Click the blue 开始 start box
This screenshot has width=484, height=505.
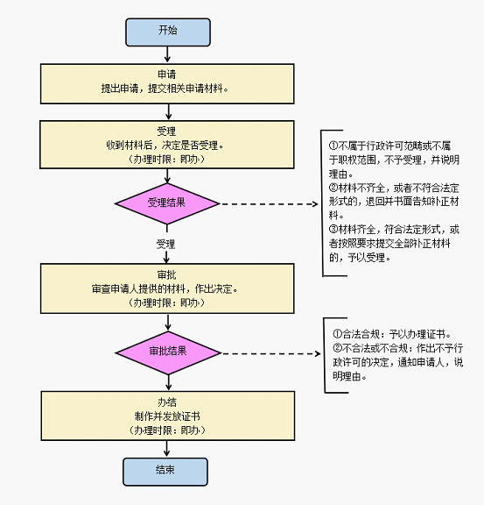168,32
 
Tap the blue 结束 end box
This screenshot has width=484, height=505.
165,472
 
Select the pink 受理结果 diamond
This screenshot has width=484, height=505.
167,203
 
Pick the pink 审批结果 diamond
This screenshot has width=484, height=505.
168,352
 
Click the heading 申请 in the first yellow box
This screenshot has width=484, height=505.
167,75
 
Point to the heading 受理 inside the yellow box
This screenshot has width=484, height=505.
166,132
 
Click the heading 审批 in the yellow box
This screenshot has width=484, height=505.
167,274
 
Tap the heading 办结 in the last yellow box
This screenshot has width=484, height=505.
167,402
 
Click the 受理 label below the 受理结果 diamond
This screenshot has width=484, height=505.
165,244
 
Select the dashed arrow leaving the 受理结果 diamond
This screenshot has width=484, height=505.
269,204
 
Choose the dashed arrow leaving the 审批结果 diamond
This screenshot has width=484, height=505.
271,353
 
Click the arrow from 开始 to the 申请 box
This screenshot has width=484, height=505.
167,54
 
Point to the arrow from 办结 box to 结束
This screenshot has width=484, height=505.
166,449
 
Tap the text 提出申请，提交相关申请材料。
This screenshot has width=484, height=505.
165,89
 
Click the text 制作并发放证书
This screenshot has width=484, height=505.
167,416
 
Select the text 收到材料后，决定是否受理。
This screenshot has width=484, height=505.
165,146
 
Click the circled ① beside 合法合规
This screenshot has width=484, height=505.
337,334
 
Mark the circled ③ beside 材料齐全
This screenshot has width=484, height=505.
333,230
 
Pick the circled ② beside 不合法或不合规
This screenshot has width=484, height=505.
337,348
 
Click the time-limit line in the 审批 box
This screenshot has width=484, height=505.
167,302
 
